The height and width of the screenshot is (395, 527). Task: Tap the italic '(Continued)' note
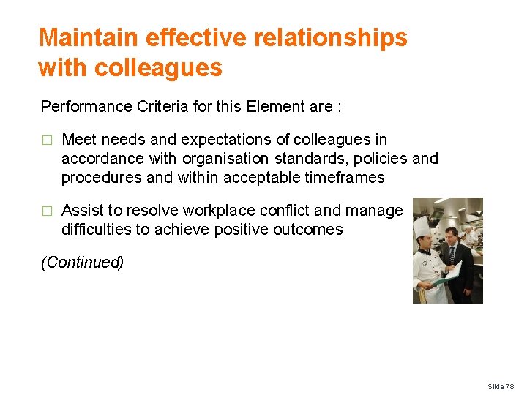[x=82, y=263]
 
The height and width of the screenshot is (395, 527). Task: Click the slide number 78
[x=509, y=386]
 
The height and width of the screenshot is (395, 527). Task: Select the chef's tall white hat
[x=422, y=227]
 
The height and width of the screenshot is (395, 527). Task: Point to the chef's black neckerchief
[x=424, y=251]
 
